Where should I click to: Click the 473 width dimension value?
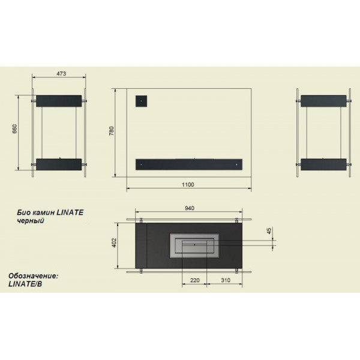click(61, 73)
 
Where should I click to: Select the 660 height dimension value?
click(14, 129)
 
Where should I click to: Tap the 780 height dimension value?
click(112, 131)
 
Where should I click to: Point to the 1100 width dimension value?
click(188, 185)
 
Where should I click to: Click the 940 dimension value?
click(190, 208)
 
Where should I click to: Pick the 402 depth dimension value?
click(114, 243)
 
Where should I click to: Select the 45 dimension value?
click(269, 230)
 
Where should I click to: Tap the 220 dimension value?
click(195, 280)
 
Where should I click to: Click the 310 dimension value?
click(226, 280)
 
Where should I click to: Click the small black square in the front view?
click(141, 101)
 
